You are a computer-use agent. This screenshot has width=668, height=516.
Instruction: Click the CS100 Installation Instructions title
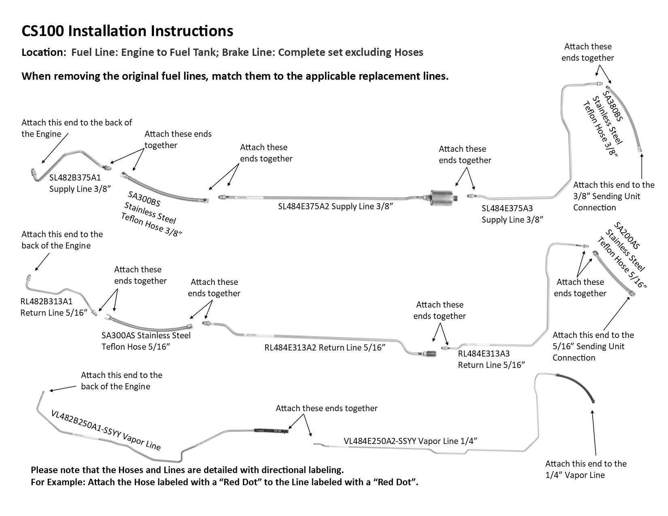point(127,31)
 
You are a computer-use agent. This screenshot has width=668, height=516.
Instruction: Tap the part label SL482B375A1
point(75,177)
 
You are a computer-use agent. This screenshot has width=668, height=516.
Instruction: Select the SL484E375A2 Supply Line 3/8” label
point(336,206)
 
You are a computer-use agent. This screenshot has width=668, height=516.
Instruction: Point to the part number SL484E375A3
point(507,208)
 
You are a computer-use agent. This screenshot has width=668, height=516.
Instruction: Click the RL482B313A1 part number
point(47,301)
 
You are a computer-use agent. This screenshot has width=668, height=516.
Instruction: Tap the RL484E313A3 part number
point(483,354)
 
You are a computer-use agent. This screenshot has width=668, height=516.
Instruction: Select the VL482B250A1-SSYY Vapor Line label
point(106,430)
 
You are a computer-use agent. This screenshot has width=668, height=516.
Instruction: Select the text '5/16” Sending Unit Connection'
point(589,352)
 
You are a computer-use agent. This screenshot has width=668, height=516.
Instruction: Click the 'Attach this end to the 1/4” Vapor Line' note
point(585,469)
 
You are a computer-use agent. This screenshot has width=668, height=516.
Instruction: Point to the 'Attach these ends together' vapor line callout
point(326,408)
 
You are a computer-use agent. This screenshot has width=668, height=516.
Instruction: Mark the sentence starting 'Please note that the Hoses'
point(187,470)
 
